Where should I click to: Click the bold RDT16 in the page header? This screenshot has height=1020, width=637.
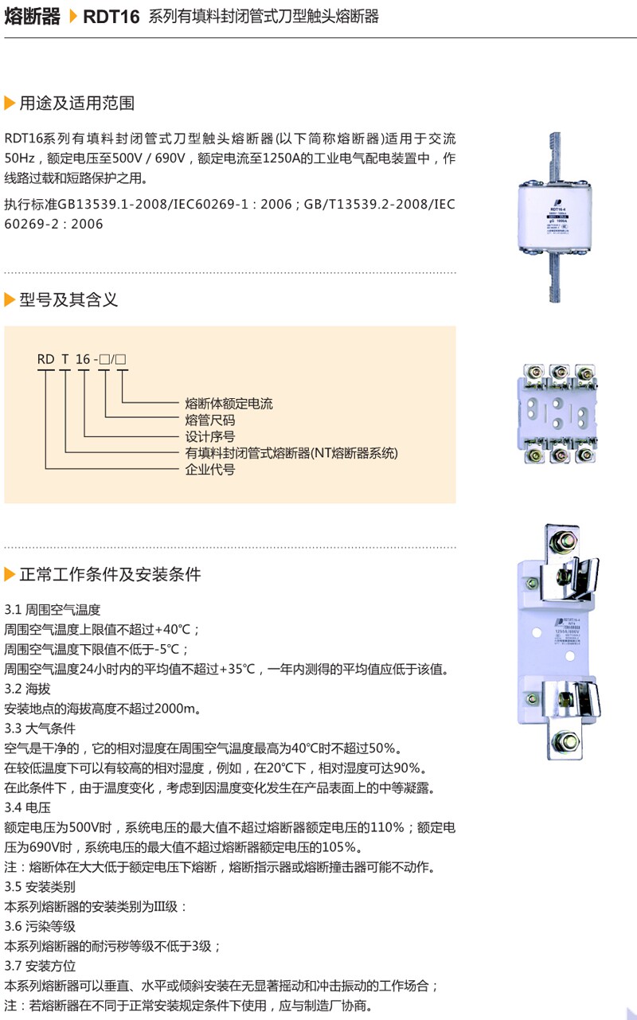pyautogui.click(x=111, y=17)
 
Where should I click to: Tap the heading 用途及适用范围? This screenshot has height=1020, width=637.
pyautogui.click(x=76, y=103)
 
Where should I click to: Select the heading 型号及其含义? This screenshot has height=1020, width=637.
pyautogui.click(x=68, y=299)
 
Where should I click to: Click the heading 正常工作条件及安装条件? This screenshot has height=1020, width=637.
pyautogui.click(x=110, y=574)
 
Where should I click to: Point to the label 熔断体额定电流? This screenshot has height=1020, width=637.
pyautogui.click(x=229, y=404)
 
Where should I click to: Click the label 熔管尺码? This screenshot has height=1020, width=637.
pyautogui.click(x=210, y=420)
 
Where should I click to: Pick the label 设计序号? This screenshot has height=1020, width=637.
pyautogui.click(x=210, y=436)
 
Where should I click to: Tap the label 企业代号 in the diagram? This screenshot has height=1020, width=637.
pyautogui.click(x=210, y=470)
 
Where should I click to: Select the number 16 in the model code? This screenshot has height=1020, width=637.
pyautogui.click(x=83, y=359)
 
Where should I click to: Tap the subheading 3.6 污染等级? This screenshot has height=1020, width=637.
pyautogui.click(x=40, y=926)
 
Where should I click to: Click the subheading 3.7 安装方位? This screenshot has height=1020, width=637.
pyautogui.click(x=40, y=966)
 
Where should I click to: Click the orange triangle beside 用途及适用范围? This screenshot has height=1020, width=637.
pyautogui.click(x=10, y=103)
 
